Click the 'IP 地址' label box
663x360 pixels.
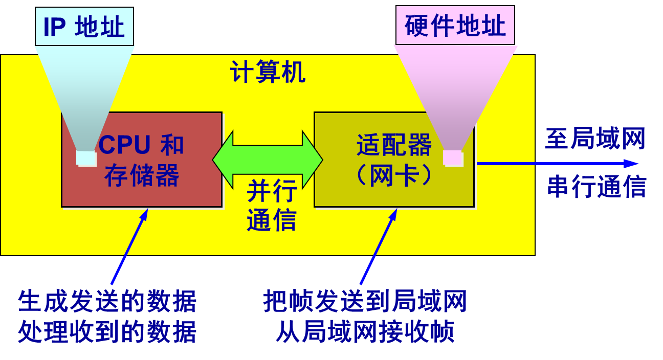(x=84, y=27)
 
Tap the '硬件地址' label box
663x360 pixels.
(x=455, y=26)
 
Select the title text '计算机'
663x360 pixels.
(x=268, y=72)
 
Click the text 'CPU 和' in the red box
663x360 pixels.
(x=141, y=145)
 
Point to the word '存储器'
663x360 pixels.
(x=142, y=175)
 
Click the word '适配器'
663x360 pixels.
(x=394, y=145)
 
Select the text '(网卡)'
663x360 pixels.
(x=394, y=175)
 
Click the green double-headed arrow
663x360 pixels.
(x=268, y=160)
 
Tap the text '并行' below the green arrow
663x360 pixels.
(x=272, y=192)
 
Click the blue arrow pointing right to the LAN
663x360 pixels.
(x=558, y=164)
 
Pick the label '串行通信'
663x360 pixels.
(x=596, y=187)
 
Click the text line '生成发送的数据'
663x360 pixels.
(x=107, y=302)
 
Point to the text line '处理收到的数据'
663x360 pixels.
(x=107, y=332)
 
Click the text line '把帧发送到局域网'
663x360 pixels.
(x=365, y=301)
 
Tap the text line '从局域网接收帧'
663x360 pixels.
(x=365, y=332)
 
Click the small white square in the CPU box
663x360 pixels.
(x=86, y=159)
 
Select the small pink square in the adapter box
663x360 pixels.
(x=453, y=157)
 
